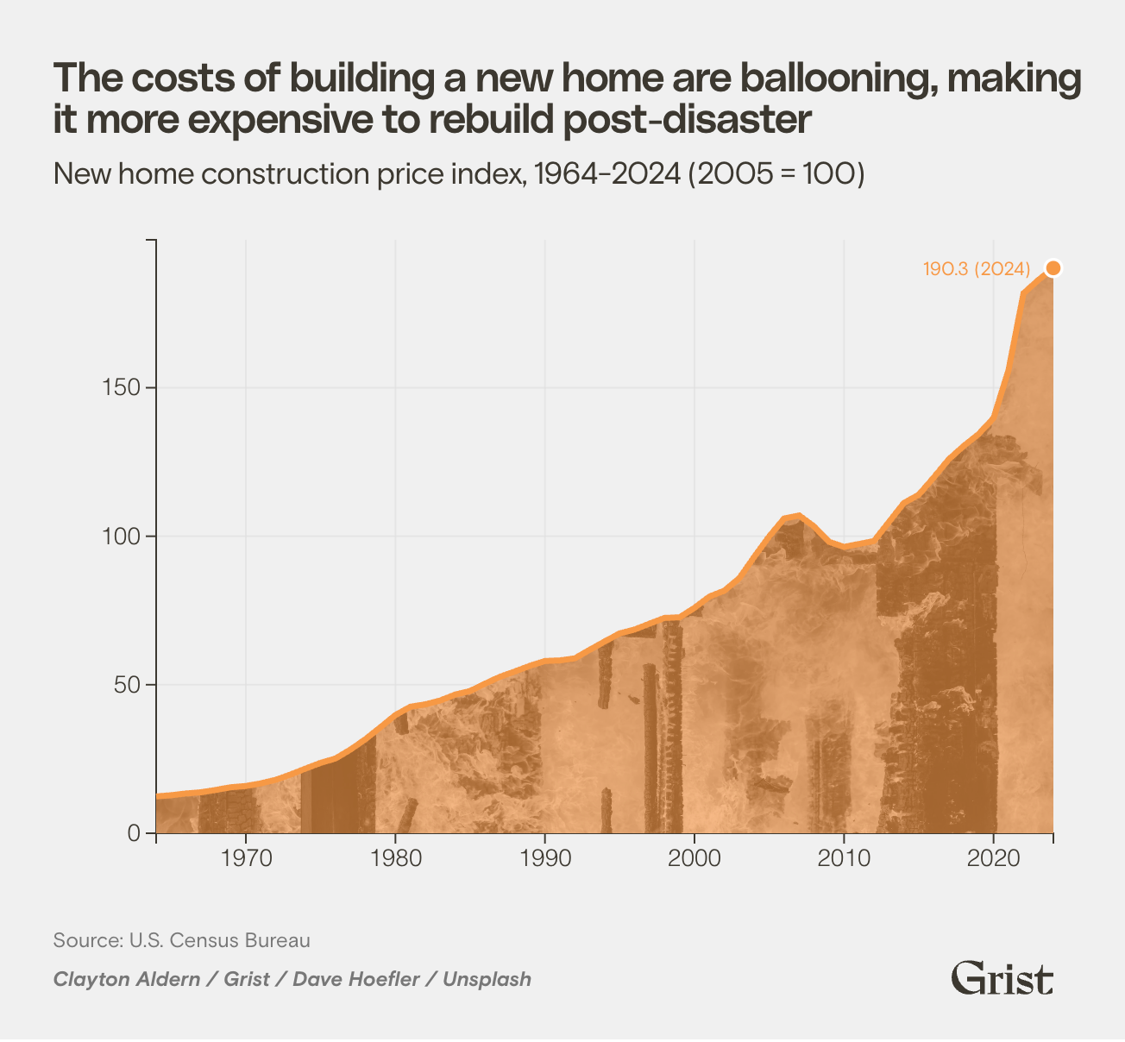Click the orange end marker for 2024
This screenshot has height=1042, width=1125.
tap(1053, 268)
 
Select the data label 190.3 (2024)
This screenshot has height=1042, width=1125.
tap(977, 269)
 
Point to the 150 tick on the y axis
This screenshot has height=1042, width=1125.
tap(122, 388)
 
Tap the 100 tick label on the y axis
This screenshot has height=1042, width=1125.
tap(122, 537)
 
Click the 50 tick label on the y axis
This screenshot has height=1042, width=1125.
tap(127, 685)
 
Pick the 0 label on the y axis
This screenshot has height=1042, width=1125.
tap(134, 833)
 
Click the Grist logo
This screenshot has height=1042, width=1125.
tap(1002, 979)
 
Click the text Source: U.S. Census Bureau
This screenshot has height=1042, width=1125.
tap(182, 940)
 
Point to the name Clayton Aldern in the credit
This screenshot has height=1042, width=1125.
tap(127, 980)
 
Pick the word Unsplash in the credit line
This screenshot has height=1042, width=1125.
tap(487, 980)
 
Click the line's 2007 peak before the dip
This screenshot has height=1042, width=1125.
tap(799, 515)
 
